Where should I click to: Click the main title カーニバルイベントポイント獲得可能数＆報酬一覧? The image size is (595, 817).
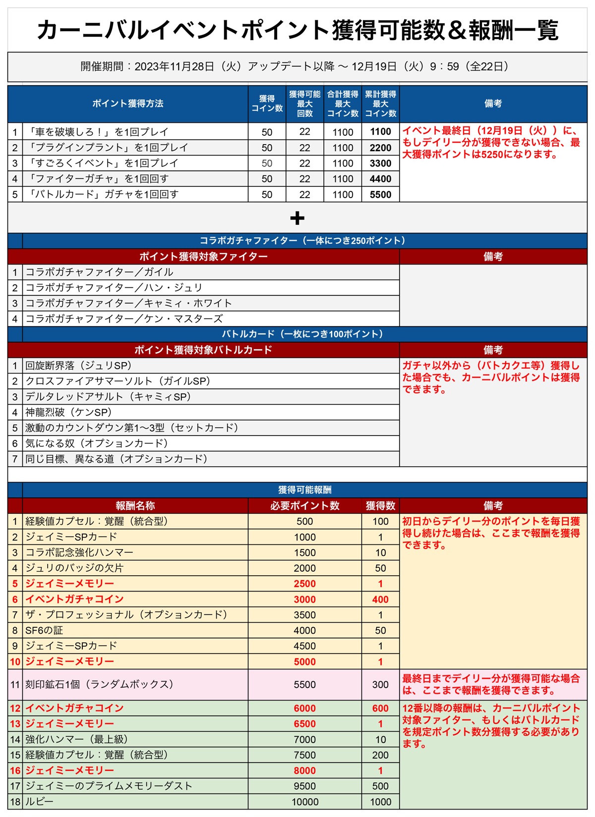coord(297,30)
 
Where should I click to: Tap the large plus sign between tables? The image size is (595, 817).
coord(297,218)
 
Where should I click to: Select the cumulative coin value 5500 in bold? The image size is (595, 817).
coord(380,195)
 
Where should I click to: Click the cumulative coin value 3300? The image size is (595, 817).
coord(380,163)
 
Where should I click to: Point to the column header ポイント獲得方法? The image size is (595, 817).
coord(127,104)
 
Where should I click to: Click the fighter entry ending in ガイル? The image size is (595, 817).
coord(99,272)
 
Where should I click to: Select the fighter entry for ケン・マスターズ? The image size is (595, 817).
coord(124,319)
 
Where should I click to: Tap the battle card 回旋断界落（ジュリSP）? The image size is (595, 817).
coord(78,366)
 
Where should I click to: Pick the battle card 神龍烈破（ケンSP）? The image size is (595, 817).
coord(68,412)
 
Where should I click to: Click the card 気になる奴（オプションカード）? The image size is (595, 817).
coord(97,443)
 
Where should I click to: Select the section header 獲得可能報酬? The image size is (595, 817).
coord(304,490)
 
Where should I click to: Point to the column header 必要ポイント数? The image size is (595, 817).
coord(304,506)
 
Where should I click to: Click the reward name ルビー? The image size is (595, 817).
coord(39,802)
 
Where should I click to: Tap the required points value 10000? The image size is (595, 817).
coord(304,802)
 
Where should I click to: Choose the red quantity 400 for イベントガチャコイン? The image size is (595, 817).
coord(380,599)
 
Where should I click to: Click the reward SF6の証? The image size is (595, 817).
coord(44,631)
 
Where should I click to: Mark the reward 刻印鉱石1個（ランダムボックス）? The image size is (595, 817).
coord(99,685)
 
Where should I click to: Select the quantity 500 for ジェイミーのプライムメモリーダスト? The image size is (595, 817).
coord(380,786)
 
